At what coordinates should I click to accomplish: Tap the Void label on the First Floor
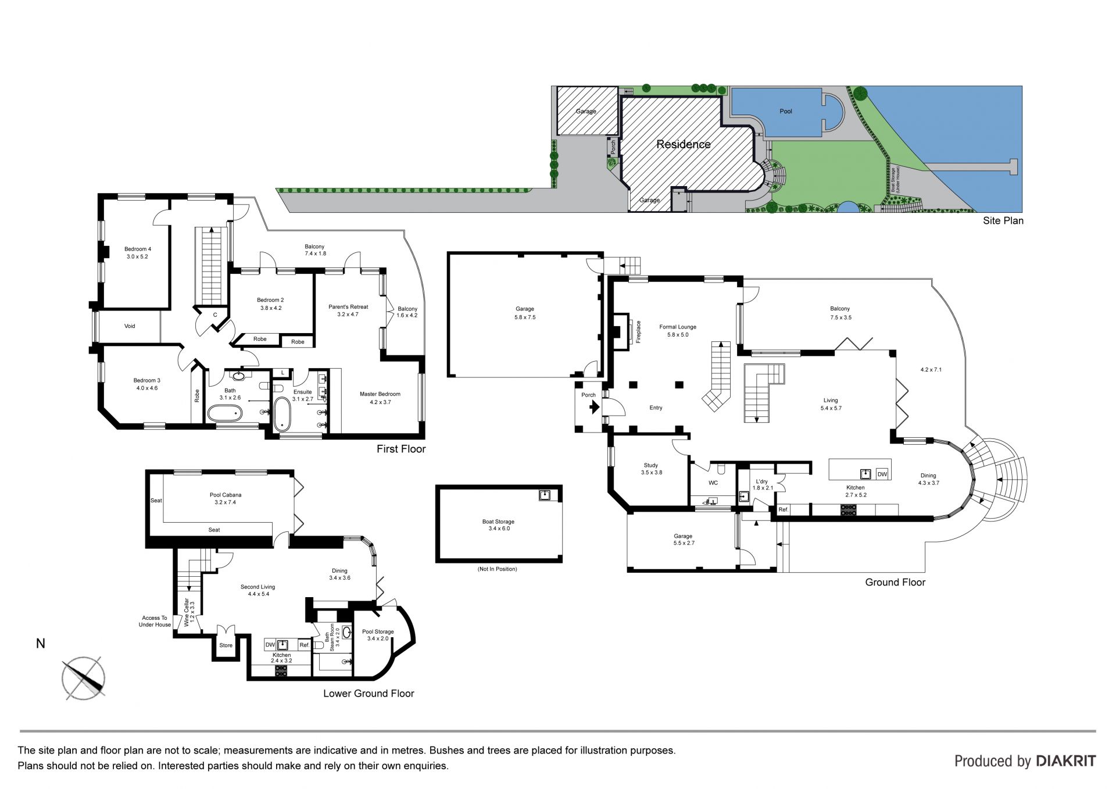(130, 326)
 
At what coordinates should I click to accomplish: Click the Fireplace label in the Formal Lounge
(638, 332)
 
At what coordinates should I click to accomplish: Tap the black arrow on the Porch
(594, 408)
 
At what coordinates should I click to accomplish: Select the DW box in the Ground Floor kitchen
(882, 474)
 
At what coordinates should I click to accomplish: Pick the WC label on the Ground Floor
(713, 483)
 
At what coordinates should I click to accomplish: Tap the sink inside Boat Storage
(545, 495)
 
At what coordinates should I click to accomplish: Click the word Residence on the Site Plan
(684, 144)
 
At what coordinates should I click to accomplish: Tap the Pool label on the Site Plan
(786, 111)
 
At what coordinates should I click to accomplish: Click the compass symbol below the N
(84, 678)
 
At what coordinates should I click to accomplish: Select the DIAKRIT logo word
(1066, 761)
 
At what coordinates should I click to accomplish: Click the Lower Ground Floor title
(369, 693)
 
